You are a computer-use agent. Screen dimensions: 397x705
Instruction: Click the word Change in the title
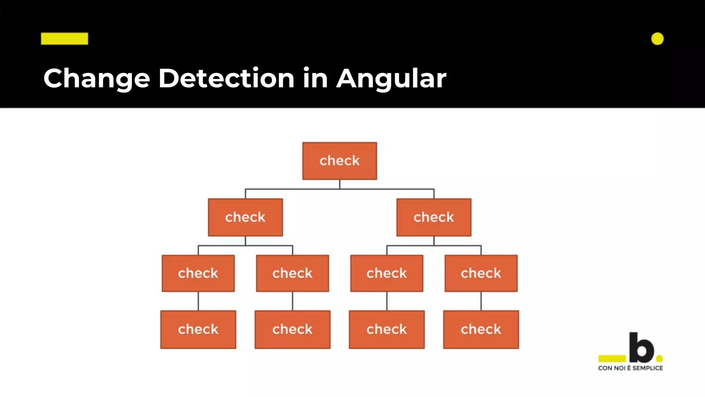pyautogui.click(x=97, y=79)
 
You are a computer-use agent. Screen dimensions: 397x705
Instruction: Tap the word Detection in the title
pyautogui.click(x=226, y=78)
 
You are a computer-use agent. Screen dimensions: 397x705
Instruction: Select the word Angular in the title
pyautogui.click(x=391, y=79)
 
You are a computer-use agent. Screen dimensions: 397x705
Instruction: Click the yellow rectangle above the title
pyautogui.click(x=64, y=39)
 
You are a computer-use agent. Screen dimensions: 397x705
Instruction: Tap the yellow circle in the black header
pyautogui.click(x=657, y=39)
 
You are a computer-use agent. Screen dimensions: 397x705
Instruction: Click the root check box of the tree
pyautogui.click(x=339, y=161)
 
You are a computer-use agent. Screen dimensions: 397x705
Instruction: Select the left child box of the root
pyautogui.click(x=245, y=217)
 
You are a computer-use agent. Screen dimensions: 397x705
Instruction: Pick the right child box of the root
pyautogui.click(x=434, y=217)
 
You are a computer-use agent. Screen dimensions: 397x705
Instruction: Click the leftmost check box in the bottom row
pyautogui.click(x=198, y=329)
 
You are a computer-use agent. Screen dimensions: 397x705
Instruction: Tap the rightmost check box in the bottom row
pyautogui.click(x=481, y=329)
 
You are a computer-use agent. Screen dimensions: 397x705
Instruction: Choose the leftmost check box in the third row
pyautogui.click(x=198, y=273)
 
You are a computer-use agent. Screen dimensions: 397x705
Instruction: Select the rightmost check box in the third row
pyautogui.click(x=481, y=273)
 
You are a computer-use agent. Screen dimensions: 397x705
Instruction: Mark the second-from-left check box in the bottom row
pyautogui.click(x=292, y=329)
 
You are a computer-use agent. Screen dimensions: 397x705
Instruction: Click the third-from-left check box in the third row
pyautogui.click(x=387, y=273)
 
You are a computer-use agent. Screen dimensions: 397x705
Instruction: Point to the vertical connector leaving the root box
pyautogui.click(x=339, y=184)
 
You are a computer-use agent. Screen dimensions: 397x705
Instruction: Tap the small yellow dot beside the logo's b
pyautogui.click(x=660, y=359)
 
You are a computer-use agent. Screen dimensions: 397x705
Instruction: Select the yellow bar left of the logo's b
pyautogui.click(x=612, y=359)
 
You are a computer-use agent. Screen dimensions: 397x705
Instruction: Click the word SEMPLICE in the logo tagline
pyautogui.click(x=648, y=368)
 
